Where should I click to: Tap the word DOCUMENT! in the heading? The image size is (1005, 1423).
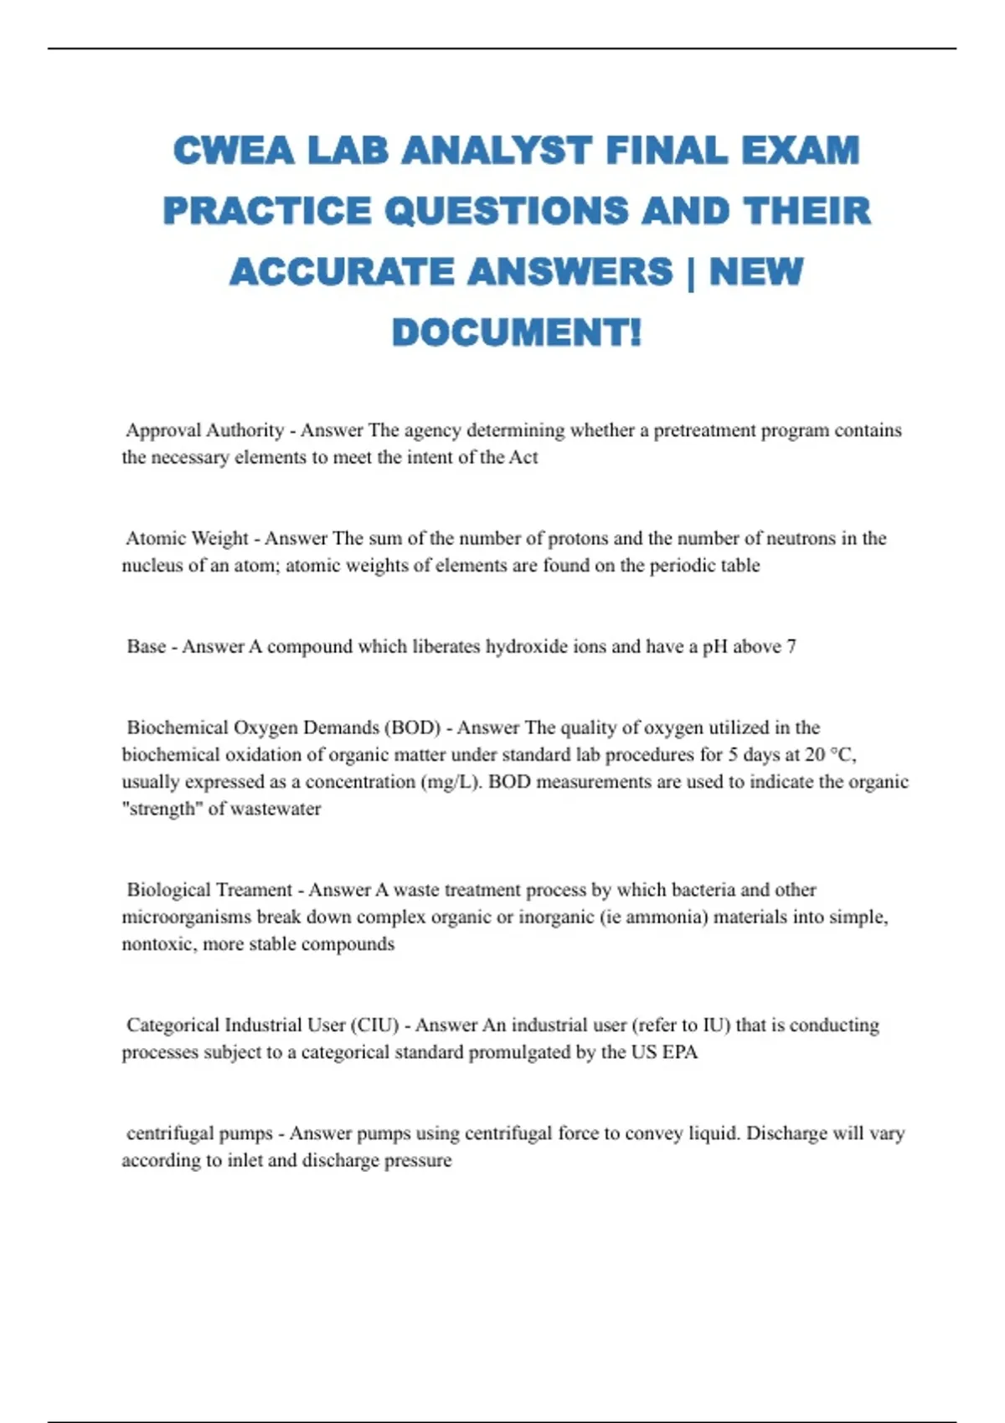click(517, 332)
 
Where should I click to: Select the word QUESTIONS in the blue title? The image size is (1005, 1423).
click(506, 211)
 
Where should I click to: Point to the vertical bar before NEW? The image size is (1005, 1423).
click(691, 273)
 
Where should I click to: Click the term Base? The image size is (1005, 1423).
click(146, 646)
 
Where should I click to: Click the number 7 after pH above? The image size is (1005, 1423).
click(791, 646)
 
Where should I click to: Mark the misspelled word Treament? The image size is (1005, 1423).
click(252, 890)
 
